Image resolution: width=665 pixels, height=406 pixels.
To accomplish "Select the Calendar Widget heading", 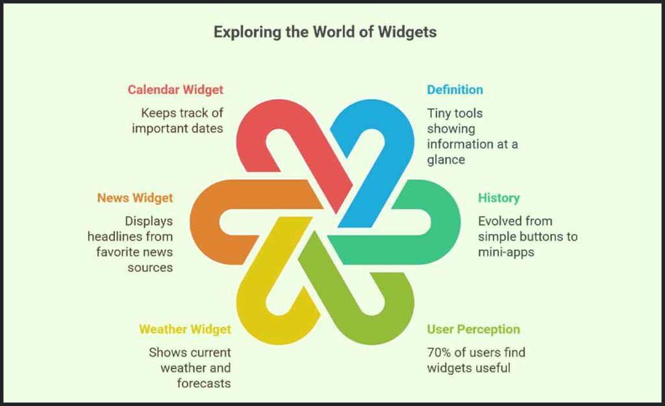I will [x=175, y=90].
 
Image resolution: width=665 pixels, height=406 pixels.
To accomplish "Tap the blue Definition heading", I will [x=455, y=90].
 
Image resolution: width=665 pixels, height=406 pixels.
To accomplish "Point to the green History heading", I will [x=499, y=198].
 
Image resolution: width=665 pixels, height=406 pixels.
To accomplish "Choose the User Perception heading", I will [x=473, y=329].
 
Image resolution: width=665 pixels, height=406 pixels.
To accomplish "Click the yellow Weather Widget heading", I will [x=184, y=329].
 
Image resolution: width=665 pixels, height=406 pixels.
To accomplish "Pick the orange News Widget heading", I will [x=135, y=198].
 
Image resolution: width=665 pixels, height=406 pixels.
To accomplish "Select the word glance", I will [x=446, y=160].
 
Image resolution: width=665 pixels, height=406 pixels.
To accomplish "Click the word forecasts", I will [x=204, y=383].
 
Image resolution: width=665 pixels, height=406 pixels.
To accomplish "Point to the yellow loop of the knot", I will [x=260, y=305].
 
